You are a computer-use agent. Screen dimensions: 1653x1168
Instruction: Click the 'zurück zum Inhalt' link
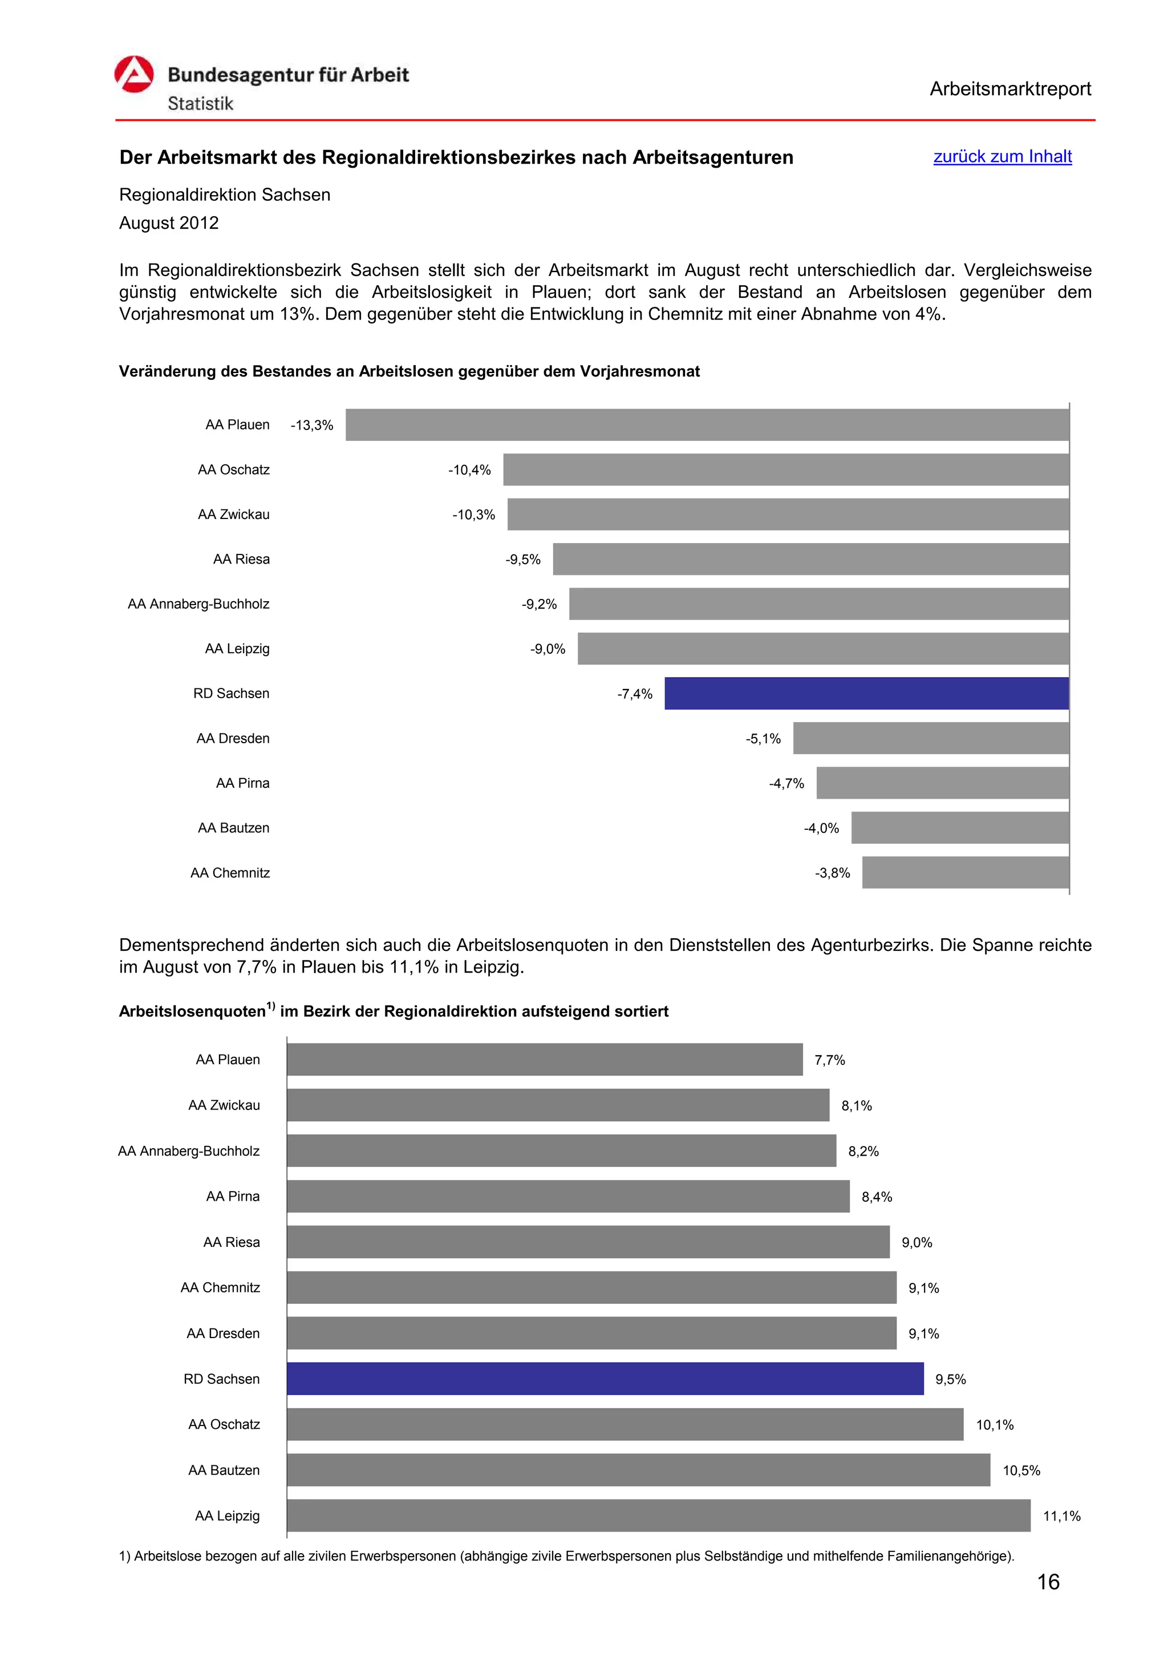click(1002, 156)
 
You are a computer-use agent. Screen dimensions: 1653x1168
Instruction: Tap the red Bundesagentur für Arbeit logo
click(134, 75)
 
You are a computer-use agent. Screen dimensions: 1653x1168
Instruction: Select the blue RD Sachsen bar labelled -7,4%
click(866, 693)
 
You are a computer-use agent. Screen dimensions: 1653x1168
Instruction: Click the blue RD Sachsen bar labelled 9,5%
click(605, 1378)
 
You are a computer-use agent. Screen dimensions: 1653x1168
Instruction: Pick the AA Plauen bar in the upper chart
click(707, 425)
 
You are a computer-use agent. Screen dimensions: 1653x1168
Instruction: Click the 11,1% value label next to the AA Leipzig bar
click(1061, 1516)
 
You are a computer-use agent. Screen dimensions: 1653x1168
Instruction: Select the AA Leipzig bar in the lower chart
click(659, 1515)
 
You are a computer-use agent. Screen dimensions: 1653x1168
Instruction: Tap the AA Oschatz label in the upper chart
click(233, 470)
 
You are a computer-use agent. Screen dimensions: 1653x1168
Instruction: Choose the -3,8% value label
click(832, 873)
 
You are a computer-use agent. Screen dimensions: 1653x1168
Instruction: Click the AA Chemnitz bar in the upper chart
click(965, 873)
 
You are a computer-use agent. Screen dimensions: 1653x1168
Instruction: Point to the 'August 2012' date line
click(169, 223)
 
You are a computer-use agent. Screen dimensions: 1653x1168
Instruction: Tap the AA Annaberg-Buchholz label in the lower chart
click(189, 1151)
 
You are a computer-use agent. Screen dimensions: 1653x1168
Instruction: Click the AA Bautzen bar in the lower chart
click(638, 1469)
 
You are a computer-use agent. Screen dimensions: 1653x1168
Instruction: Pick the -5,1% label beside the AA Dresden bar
click(763, 739)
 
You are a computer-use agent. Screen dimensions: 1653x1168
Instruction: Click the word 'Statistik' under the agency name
click(200, 104)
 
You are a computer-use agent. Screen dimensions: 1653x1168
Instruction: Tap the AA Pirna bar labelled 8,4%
click(568, 1196)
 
